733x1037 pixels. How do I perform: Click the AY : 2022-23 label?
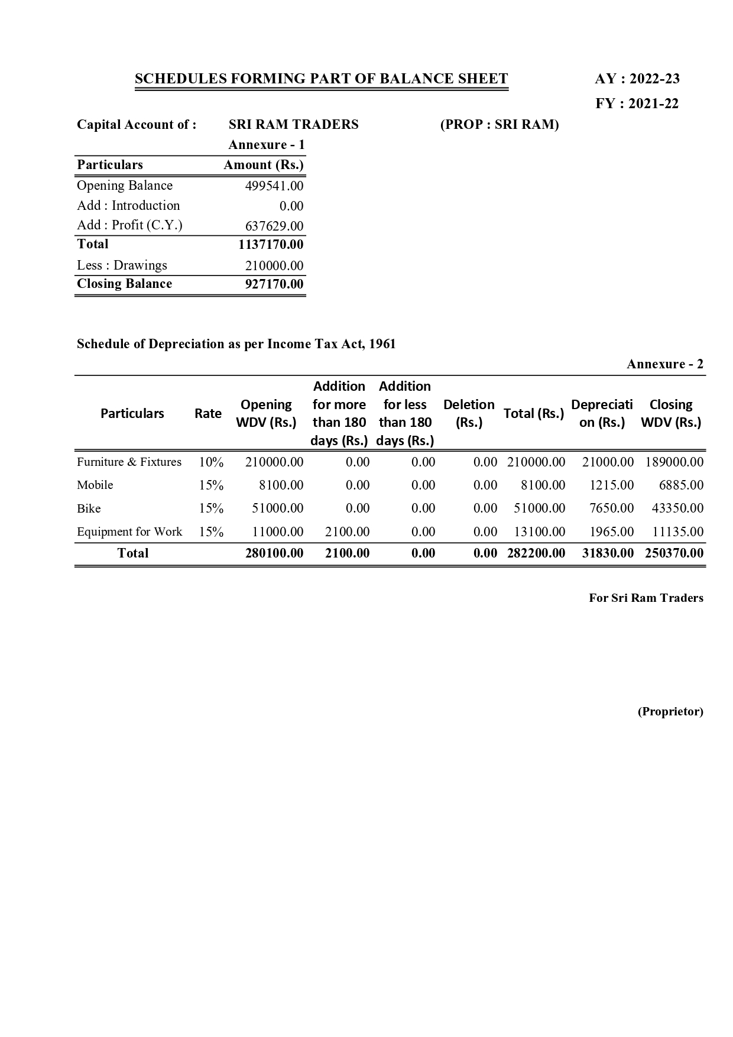tap(637, 79)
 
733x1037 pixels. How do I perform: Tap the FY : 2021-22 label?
tap(637, 104)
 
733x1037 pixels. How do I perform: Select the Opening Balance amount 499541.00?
tap(274, 186)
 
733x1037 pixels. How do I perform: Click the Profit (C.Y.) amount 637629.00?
tap(274, 226)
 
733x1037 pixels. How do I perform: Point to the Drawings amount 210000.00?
tap(274, 265)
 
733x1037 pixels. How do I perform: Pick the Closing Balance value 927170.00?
tap(274, 284)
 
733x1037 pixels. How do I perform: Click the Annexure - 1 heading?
tap(267, 145)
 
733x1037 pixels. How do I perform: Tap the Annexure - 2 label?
tap(665, 364)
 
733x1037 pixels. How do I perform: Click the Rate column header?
tap(208, 413)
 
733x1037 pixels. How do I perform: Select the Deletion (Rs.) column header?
tap(469, 413)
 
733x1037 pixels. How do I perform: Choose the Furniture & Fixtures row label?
tap(129, 462)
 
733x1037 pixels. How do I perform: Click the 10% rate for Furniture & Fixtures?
tap(211, 462)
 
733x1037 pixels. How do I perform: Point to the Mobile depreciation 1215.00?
tap(611, 485)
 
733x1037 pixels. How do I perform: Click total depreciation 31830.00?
tap(608, 553)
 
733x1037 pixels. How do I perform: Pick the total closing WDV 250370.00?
tap(674, 553)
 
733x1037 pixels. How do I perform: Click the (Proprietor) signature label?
tap(670, 711)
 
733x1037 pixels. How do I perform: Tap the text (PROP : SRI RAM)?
tap(500, 125)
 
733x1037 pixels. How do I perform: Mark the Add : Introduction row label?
tap(128, 206)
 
